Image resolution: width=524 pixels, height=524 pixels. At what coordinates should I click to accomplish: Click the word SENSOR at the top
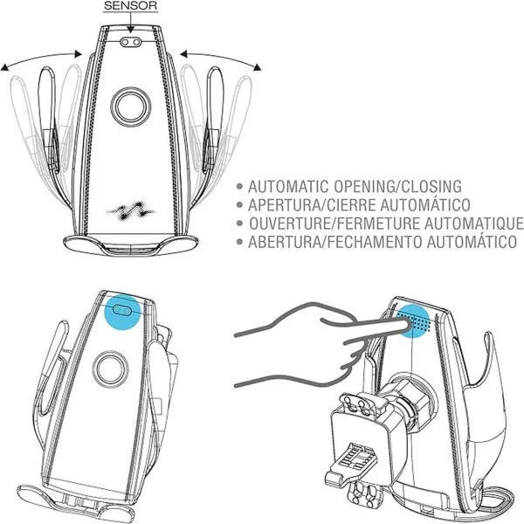(x=130, y=6)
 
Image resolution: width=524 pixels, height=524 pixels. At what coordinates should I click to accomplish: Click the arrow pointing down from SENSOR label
(x=131, y=23)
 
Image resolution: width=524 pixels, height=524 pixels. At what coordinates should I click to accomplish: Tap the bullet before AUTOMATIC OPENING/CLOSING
(x=239, y=187)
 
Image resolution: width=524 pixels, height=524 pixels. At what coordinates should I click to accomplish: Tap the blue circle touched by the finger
(x=413, y=321)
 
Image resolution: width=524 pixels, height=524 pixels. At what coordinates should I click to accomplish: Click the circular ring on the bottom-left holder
(x=111, y=369)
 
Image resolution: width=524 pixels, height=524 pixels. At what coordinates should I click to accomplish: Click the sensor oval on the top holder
(x=131, y=42)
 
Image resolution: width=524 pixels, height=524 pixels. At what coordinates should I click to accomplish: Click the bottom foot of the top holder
(x=131, y=244)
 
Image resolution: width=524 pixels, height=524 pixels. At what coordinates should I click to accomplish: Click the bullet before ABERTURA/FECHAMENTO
(x=239, y=242)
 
